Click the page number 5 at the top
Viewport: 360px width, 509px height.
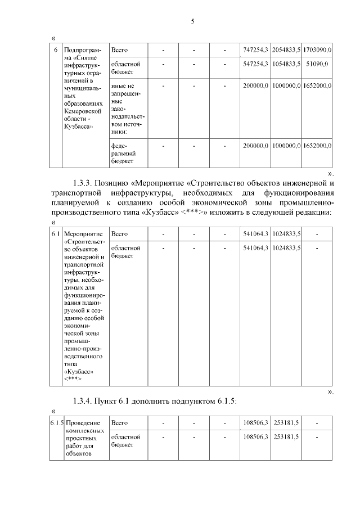click(192, 21)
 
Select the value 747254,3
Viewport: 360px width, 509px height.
click(255, 50)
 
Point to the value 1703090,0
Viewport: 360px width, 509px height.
click(317, 50)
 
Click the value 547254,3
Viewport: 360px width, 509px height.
click(255, 64)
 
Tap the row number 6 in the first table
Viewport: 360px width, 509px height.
click(55, 50)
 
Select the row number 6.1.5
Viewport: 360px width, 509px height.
click(56, 422)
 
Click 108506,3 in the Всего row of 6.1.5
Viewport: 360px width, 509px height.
click(255, 422)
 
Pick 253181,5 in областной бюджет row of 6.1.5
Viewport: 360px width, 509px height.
click(286, 436)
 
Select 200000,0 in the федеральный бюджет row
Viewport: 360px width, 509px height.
click(255, 146)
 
